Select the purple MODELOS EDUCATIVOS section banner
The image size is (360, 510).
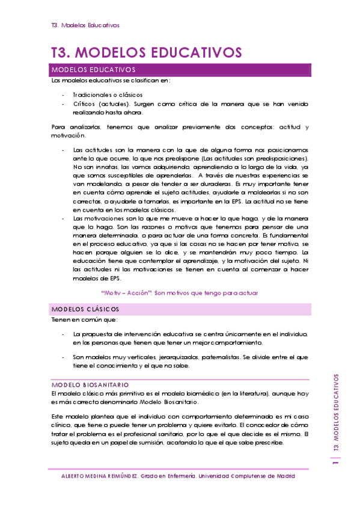click(181, 70)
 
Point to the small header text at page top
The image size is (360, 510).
click(85, 25)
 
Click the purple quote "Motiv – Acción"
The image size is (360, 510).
click(127, 293)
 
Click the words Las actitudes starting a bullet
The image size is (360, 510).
click(89, 150)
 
